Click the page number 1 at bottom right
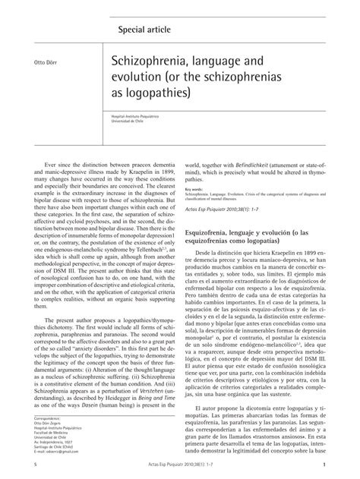324,465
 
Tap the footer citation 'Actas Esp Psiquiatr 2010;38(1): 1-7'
182,465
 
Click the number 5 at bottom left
36,465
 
